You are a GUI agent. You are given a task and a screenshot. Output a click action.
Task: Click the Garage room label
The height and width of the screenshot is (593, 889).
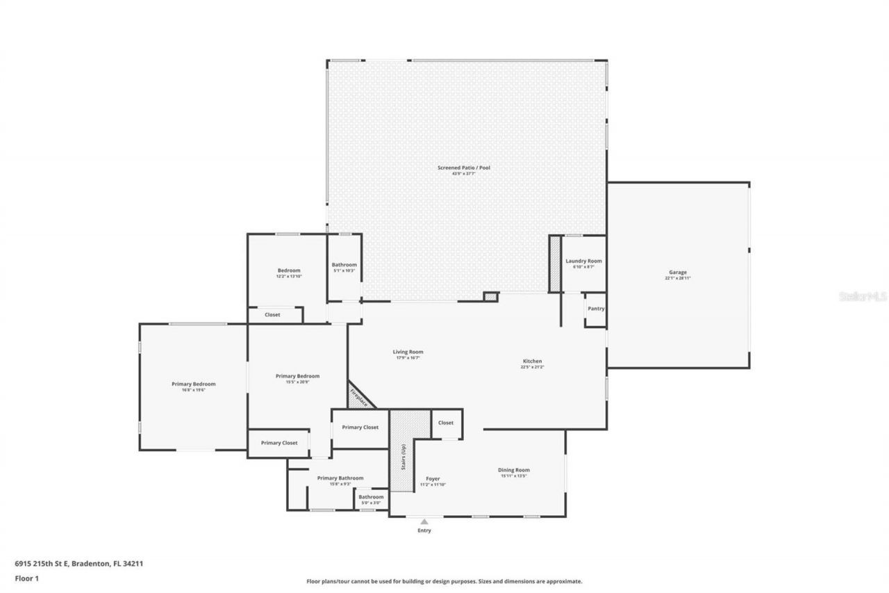pos(678,273)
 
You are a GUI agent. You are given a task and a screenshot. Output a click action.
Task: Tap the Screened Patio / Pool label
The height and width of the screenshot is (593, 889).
pos(458,168)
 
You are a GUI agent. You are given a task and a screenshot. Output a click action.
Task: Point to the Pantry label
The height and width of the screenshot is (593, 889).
pos(596,308)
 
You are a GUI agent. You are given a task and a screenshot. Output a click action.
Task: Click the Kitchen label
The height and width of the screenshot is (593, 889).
pos(532,362)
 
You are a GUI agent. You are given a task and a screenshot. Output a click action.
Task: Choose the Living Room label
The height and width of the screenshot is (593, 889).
pos(408,352)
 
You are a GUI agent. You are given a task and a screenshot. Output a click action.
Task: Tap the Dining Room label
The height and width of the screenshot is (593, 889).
pos(514,471)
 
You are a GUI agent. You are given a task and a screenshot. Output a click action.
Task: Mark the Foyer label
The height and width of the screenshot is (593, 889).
pos(433,478)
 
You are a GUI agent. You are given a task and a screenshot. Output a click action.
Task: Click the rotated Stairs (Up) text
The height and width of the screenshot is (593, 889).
pos(402,457)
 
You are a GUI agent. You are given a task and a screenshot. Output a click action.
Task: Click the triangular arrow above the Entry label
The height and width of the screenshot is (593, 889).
pos(424,521)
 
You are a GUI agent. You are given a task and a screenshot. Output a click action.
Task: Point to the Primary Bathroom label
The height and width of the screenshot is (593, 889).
pos(340,478)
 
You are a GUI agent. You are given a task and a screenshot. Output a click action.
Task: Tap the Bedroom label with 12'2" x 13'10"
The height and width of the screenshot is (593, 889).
pos(289,270)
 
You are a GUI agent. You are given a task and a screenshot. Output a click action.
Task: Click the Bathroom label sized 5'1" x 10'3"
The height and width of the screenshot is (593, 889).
pos(344,265)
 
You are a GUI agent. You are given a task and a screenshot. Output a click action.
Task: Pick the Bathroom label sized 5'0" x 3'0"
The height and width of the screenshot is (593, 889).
pos(371,497)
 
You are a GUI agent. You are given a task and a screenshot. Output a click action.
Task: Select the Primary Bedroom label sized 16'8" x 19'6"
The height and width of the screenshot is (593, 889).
pos(194,384)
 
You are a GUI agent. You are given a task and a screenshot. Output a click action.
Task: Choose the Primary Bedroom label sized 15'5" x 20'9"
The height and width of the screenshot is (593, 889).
pos(298,376)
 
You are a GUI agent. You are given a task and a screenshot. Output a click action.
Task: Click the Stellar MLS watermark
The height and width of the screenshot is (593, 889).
pos(863,296)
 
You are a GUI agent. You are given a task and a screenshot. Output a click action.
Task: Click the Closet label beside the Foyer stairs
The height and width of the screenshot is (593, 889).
pos(446,423)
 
